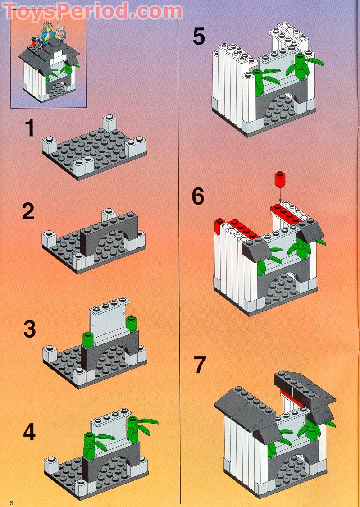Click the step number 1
(29, 128)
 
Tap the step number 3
(29, 329)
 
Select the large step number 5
(198, 37)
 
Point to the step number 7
(200, 365)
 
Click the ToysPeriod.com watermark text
(92, 11)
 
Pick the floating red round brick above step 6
(280, 179)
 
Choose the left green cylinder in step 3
(87, 340)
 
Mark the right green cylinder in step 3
(131, 324)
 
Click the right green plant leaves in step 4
(142, 426)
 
